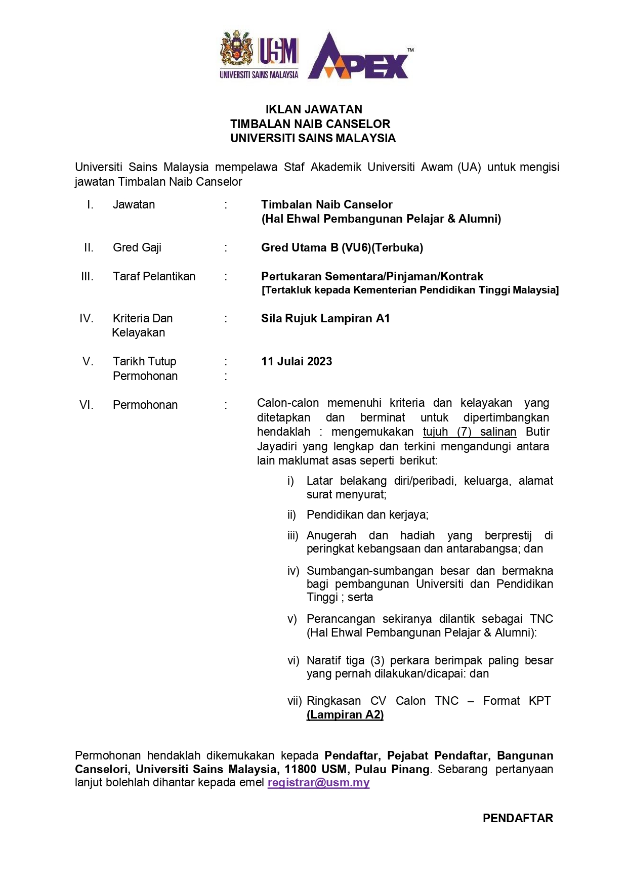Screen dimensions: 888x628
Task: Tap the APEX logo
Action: tap(360, 57)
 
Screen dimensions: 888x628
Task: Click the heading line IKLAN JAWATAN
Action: tap(314, 109)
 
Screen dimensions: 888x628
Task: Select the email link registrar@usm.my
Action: tap(318, 783)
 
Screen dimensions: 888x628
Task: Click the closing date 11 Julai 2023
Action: tap(297, 361)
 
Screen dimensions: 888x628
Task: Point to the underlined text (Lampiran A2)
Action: tap(345, 714)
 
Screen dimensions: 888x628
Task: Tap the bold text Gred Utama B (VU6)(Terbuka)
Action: tap(342, 247)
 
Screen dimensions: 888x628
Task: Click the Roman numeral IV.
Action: tap(87, 318)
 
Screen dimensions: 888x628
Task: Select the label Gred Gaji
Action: tap(137, 247)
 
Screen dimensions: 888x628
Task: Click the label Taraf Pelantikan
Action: tap(154, 276)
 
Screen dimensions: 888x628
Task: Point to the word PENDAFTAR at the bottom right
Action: tap(518, 818)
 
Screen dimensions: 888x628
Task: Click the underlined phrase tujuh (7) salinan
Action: tap(470, 432)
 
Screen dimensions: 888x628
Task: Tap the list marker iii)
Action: tap(294, 535)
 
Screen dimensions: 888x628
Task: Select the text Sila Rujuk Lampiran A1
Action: tap(325, 318)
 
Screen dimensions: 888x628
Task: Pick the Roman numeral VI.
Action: tap(87, 405)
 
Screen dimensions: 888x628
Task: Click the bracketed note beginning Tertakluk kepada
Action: tap(410, 290)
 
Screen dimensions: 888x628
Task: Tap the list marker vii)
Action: tap(295, 701)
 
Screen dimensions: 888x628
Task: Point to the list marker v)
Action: tap(292, 619)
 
